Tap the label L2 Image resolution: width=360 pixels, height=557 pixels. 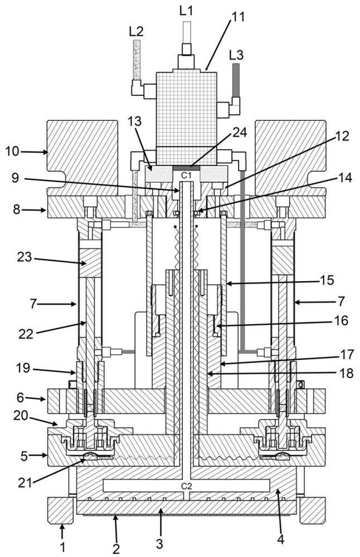click(136, 32)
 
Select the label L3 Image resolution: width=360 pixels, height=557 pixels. click(236, 55)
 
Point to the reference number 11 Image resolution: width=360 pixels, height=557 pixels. click(238, 17)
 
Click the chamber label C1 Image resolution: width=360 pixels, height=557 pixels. click(186, 175)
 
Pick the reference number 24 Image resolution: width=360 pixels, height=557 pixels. click(240, 132)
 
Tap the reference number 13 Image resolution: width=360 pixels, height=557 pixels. click(135, 121)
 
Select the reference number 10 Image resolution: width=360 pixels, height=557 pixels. click(12, 152)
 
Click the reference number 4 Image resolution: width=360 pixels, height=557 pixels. click(280, 540)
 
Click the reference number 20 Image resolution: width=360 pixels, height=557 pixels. click(21, 415)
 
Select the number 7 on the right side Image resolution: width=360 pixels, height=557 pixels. click(341, 301)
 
